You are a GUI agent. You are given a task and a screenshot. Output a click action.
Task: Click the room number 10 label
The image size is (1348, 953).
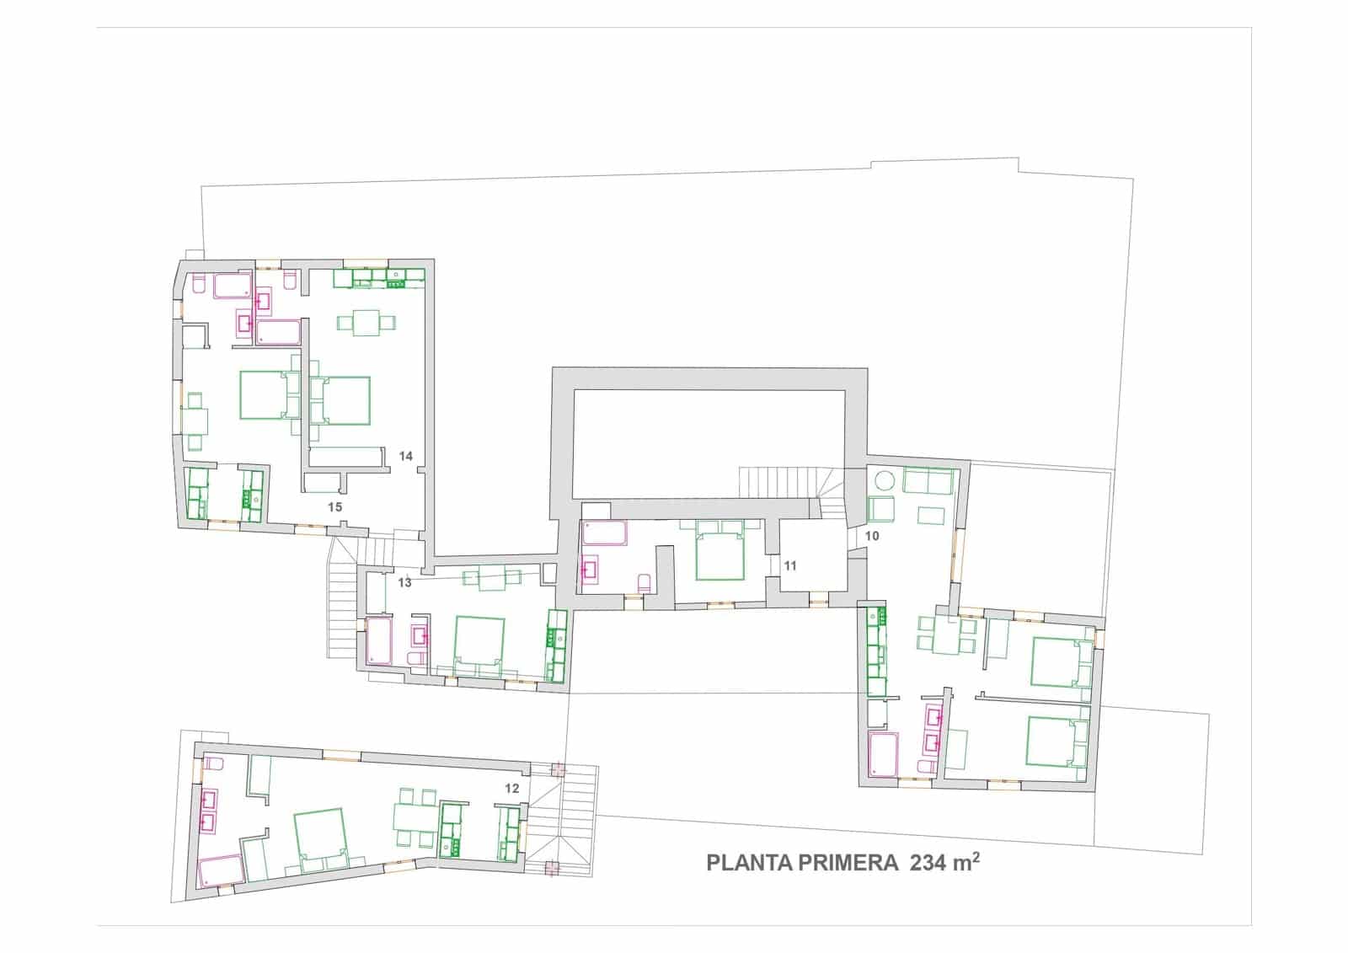tap(872, 536)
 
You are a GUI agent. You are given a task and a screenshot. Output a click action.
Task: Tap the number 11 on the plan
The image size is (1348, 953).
tap(790, 566)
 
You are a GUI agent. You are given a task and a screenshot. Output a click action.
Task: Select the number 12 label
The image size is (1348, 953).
tap(511, 789)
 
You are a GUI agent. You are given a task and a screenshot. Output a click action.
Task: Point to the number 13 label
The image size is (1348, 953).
tap(404, 582)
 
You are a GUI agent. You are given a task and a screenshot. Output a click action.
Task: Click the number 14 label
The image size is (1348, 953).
tap(406, 456)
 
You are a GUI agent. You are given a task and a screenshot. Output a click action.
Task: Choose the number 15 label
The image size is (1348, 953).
tap(335, 506)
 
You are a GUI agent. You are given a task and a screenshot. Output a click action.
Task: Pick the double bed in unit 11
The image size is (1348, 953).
tap(719, 550)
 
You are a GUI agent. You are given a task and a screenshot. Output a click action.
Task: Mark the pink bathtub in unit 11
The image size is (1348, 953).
tap(604, 533)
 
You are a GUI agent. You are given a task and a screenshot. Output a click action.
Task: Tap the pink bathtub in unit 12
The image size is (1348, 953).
tap(220, 870)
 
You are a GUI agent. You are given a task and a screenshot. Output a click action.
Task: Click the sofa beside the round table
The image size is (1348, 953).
tap(928, 481)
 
